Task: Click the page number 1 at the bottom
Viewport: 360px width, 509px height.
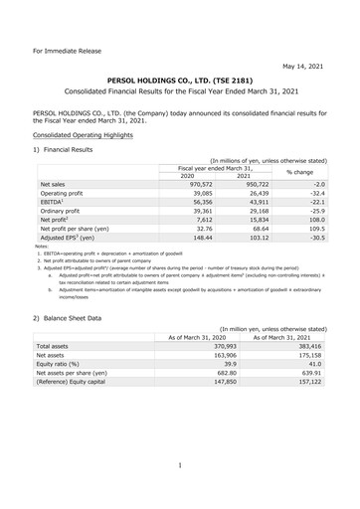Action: click(x=180, y=464)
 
